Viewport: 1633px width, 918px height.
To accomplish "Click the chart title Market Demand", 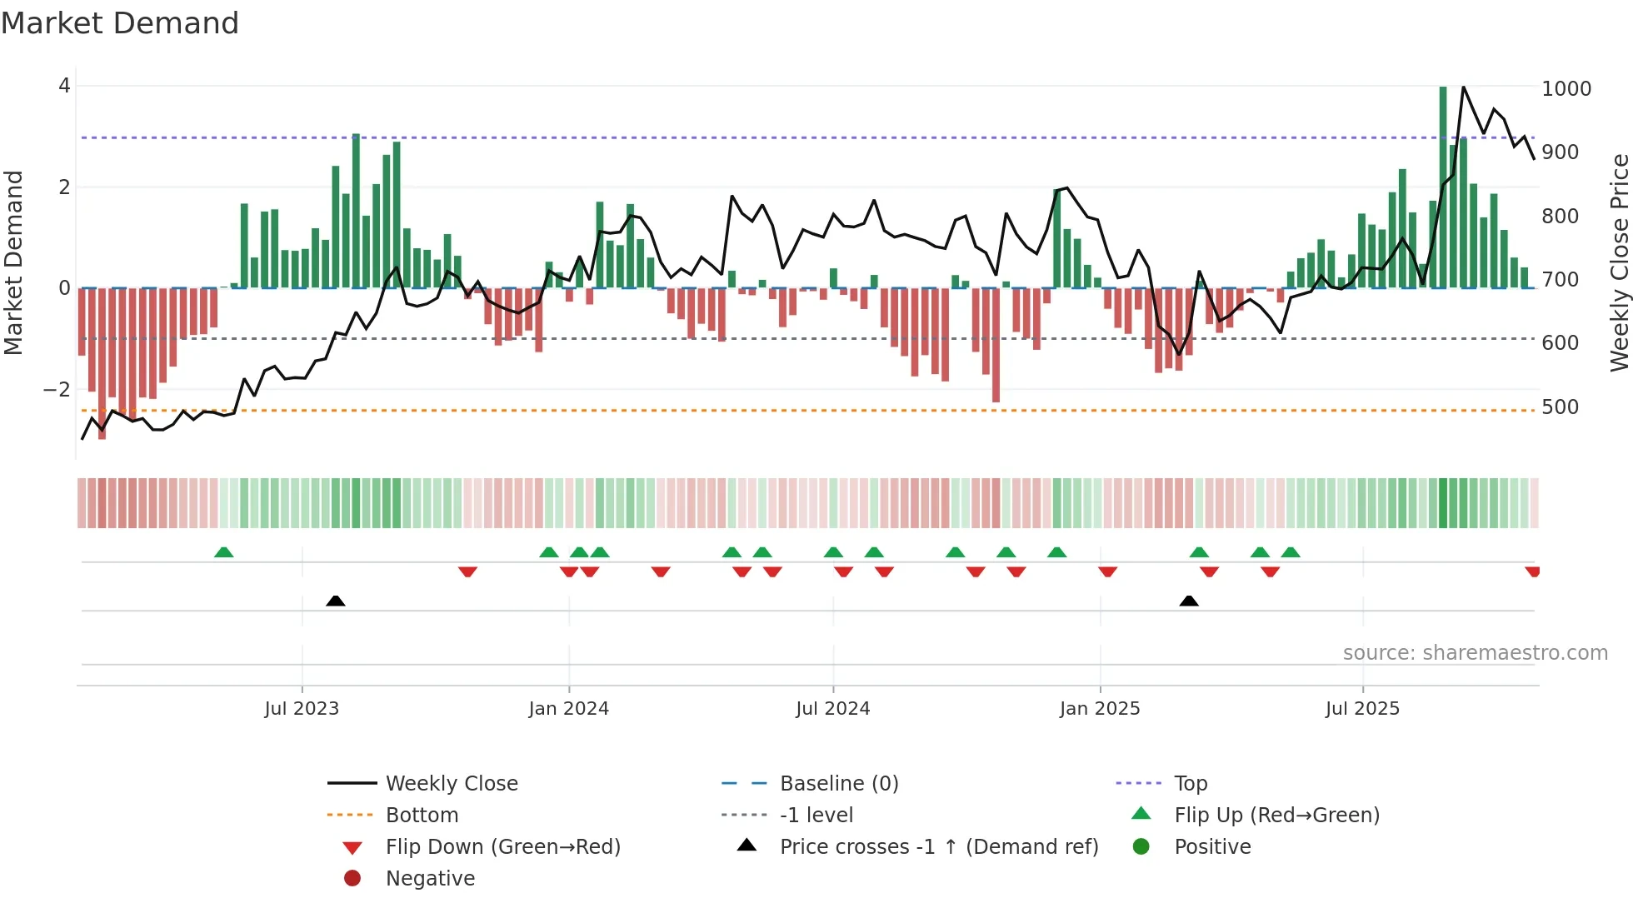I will click(120, 23).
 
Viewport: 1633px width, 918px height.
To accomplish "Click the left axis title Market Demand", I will click(14, 262).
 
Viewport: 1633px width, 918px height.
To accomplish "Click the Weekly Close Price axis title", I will click(1619, 262).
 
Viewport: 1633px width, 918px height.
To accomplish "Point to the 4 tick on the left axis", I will click(64, 86).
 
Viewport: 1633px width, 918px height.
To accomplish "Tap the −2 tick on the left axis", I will click(57, 389).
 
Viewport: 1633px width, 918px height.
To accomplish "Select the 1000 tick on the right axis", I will click(1566, 88).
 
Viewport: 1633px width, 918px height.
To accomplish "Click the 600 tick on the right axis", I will click(1560, 342).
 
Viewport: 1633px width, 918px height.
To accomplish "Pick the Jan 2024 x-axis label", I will click(568, 708).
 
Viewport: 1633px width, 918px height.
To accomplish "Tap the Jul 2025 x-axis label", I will click(1362, 708).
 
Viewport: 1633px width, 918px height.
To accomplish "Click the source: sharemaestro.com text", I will click(1475, 652).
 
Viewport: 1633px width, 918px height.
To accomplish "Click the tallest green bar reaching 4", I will click(1443, 187).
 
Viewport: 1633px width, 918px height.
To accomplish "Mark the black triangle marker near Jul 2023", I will click(336, 601).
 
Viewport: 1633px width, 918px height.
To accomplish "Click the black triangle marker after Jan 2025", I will click(1189, 601).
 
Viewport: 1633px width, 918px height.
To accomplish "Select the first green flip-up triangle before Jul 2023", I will click(224, 552).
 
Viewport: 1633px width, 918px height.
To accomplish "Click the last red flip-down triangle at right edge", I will click(1532, 571).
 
